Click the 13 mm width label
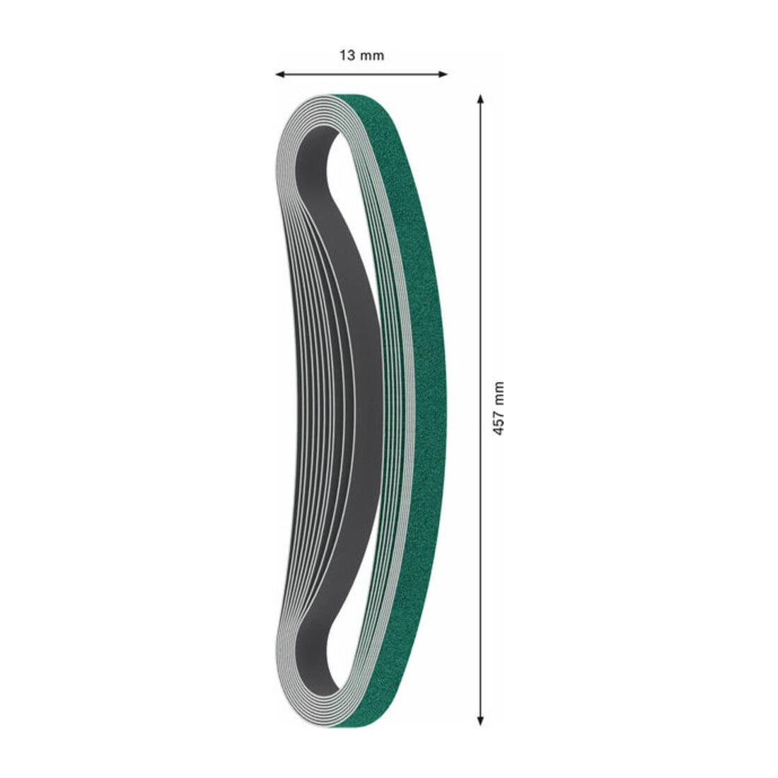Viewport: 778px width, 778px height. tap(361, 55)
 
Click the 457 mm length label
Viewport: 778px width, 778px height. tap(498, 409)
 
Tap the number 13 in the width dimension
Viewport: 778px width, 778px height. tap(347, 55)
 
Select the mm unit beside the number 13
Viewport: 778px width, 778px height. tap(372, 56)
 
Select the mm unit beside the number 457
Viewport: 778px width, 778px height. tap(498, 393)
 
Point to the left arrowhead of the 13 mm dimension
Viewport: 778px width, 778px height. tap(279, 74)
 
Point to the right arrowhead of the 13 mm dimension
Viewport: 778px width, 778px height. tap(443, 74)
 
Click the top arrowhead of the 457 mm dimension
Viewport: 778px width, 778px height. tap(480, 99)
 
